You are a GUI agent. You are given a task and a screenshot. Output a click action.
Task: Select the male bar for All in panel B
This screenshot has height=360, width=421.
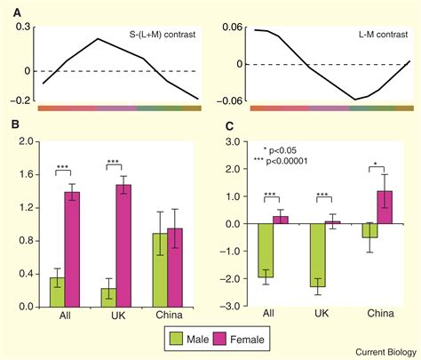tap(56, 295)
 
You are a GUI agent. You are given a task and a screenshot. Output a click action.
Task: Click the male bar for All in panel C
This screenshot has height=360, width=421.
tap(265, 250)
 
